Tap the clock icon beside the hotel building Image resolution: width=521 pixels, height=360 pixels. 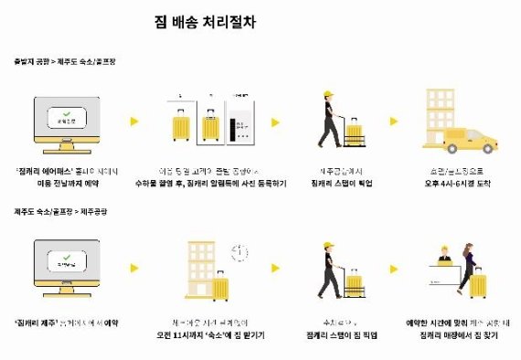click(x=239, y=251)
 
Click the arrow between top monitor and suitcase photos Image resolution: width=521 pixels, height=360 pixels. click(x=133, y=122)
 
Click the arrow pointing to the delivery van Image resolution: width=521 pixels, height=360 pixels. click(x=394, y=122)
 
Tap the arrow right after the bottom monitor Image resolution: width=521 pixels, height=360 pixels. click(x=133, y=269)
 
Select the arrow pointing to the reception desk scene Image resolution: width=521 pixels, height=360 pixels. click(x=394, y=269)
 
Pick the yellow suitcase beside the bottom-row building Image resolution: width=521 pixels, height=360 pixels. click(x=218, y=286)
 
